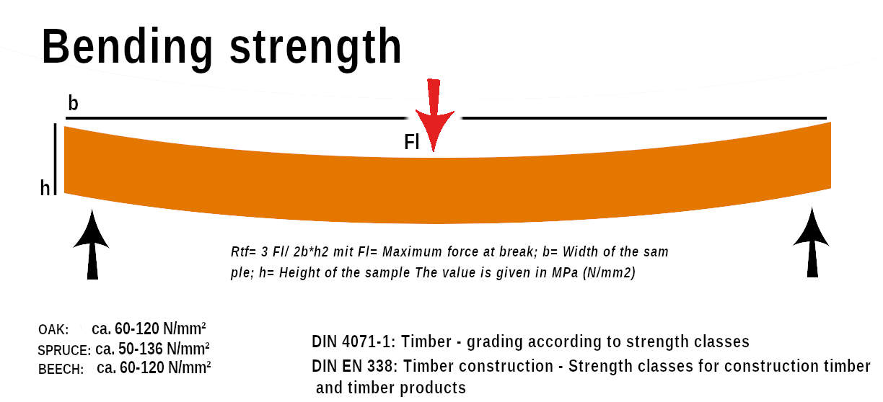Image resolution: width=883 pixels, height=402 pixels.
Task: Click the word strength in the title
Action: [315, 48]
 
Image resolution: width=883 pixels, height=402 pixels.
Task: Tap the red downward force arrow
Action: [433, 115]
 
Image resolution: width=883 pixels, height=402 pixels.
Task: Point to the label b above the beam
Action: [73, 104]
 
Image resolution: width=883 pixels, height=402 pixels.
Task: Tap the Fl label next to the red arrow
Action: [411, 142]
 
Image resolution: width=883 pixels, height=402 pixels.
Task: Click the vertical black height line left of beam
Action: [56, 158]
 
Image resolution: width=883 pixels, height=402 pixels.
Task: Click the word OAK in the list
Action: [53, 330]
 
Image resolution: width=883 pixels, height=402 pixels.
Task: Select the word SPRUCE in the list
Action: [64, 351]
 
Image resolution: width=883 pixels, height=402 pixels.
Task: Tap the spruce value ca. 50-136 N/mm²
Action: [153, 349]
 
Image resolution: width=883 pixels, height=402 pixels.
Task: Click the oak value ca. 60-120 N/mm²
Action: [151, 329]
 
